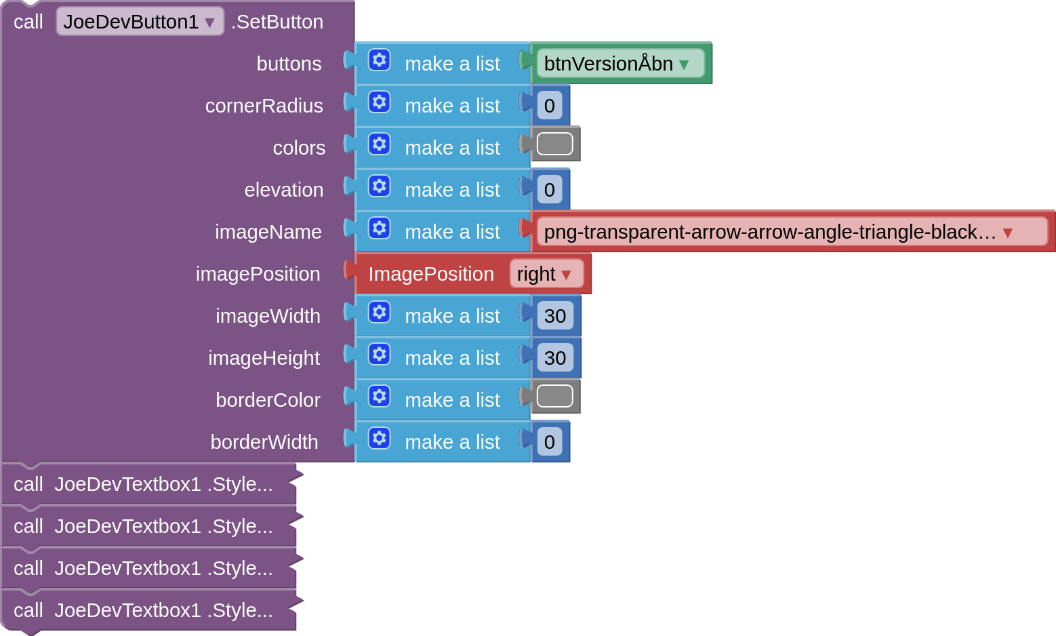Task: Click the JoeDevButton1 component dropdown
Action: click(x=140, y=22)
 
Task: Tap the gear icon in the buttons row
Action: click(x=380, y=60)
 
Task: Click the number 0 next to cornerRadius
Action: click(x=550, y=106)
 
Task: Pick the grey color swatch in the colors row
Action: click(x=554, y=144)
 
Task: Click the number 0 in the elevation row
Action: click(x=550, y=190)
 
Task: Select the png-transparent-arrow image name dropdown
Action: click(x=792, y=232)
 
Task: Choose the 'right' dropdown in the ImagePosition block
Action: click(x=546, y=274)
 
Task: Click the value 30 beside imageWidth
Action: click(x=555, y=316)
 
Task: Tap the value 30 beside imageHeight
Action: click(x=555, y=358)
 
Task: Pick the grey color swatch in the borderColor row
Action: click(x=554, y=397)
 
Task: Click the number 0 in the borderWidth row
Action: click(x=550, y=442)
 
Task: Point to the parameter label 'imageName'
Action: click(x=268, y=232)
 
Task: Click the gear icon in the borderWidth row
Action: click(x=380, y=439)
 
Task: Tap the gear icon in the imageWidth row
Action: click(x=380, y=313)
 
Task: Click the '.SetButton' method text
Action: click(x=277, y=22)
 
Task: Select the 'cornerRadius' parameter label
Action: click(x=264, y=106)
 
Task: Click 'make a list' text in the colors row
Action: click(x=452, y=148)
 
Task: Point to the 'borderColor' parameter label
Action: click(x=268, y=400)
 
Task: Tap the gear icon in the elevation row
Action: click(x=380, y=186)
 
